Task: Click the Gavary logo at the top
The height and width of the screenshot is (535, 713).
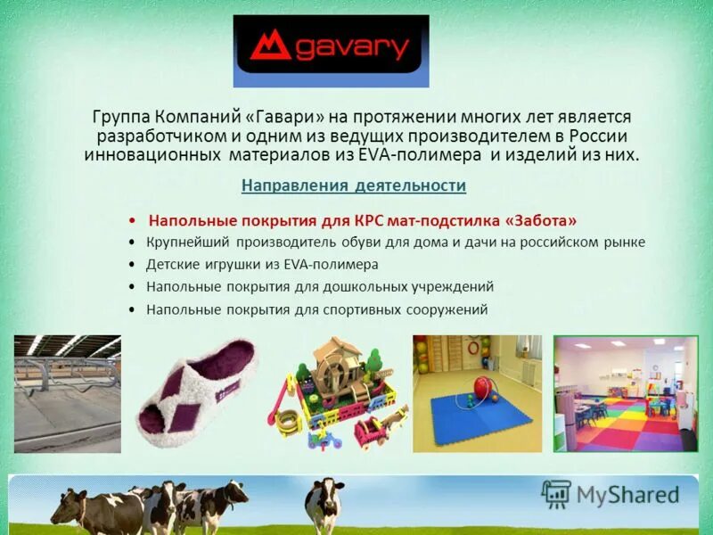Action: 331,51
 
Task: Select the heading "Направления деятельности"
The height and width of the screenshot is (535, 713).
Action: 354,185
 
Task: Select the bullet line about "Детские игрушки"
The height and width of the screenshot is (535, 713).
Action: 263,265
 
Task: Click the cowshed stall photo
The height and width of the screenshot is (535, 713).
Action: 67,393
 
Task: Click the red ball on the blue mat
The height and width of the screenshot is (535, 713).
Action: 482,388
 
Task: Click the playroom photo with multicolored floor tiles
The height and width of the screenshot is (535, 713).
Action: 625,393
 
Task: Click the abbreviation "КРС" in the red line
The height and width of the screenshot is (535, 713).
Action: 368,219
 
